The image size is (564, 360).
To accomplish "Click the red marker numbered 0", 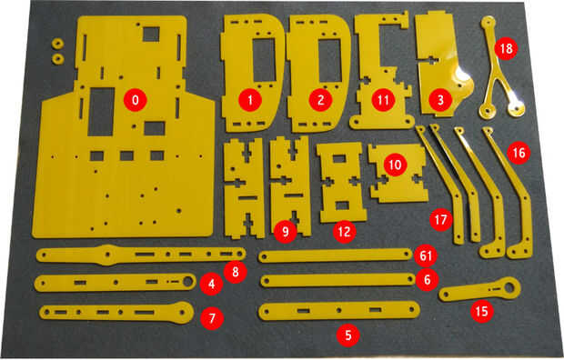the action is [136, 100].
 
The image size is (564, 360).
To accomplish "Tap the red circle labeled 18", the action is [506, 48].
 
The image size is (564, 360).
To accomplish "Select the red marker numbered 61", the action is [426, 256].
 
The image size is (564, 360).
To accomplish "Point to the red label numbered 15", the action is [482, 311].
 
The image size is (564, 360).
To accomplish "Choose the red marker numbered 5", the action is [347, 335].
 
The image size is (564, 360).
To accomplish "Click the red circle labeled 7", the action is [212, 318].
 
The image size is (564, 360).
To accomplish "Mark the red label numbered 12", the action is [344, 232].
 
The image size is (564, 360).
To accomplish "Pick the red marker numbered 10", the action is [395, 165].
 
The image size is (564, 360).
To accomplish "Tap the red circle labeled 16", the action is [519, 153].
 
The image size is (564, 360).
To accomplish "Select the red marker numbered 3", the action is [440, 100].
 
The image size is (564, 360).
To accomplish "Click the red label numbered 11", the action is [383, 100].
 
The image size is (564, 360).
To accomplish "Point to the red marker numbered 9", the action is [285, 232].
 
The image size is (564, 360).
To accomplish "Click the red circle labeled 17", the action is [441, 219].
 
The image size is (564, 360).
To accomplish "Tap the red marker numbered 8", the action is [235, 272].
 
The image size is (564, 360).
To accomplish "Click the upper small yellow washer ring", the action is [57, 44].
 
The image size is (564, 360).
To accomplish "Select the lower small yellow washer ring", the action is [57, 58].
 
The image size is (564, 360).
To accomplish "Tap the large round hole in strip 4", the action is [187, 282].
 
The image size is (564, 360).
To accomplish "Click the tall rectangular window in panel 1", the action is [264, 60].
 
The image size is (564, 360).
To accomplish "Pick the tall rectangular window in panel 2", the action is [330, 60].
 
